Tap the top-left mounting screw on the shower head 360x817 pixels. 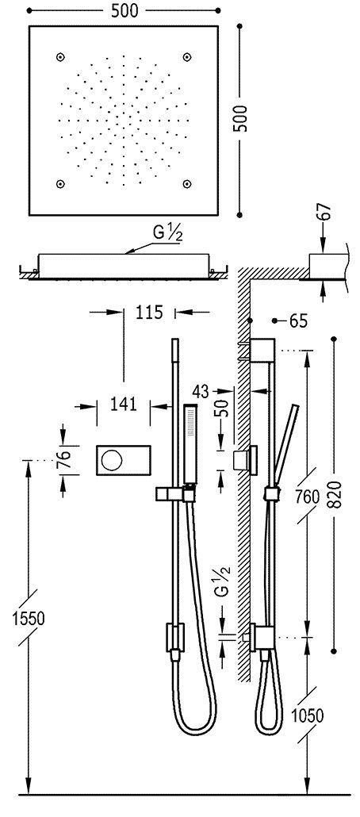click(x=60, y=56)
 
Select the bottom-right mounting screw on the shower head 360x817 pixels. click(x=187, y=184)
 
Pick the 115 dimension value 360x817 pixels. click(x=148, y=312)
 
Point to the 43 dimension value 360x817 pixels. click(x=201, y=390)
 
